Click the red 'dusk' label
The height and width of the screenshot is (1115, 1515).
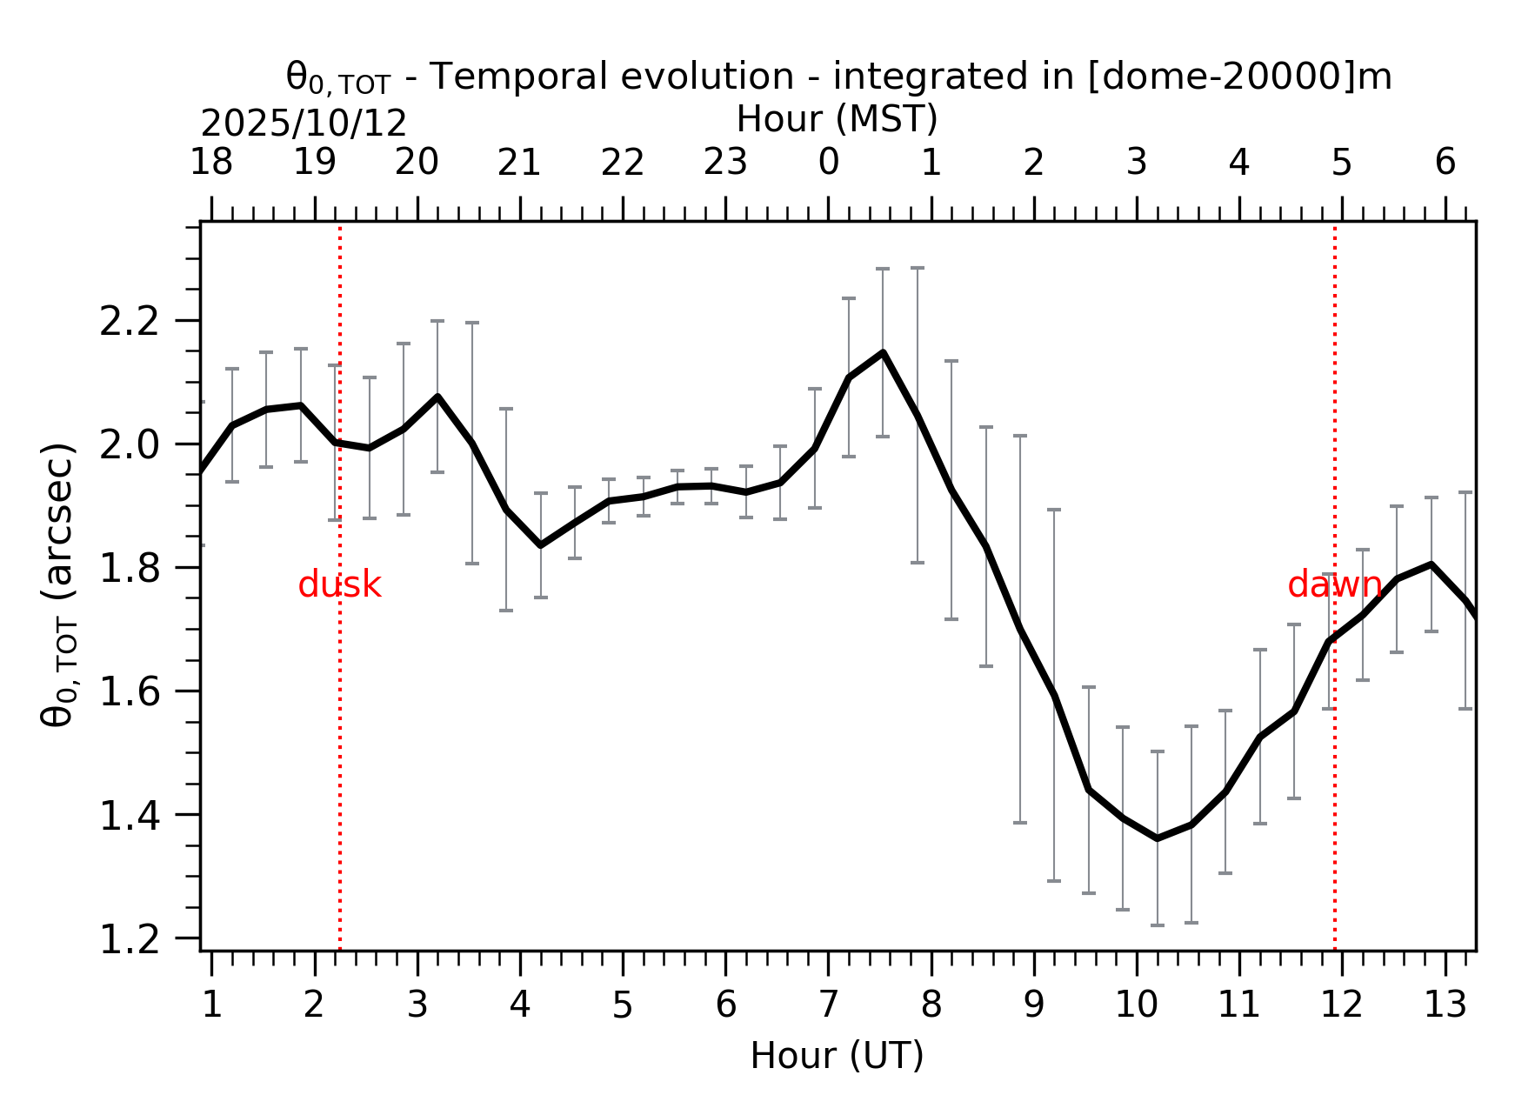point(339,585)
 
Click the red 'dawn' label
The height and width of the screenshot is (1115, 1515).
point(1334,585)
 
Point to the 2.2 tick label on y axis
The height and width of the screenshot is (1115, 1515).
point(130,323)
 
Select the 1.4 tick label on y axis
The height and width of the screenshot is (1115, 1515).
point(130,817)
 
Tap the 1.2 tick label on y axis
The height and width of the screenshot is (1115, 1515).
point(130,940)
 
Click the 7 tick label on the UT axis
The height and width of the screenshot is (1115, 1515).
point(828,1006)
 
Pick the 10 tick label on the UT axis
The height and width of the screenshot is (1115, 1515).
point(1136,1006)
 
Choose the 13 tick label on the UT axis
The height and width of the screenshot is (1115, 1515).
point(1445,1006)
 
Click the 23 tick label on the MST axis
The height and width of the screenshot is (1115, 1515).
point(725,163)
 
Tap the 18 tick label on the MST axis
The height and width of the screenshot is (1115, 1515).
point(211,163)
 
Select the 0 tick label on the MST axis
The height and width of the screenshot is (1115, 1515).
point(828,163)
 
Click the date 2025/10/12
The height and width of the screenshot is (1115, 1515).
point(304,124)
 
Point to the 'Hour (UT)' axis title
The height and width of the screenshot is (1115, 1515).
point(837,1057)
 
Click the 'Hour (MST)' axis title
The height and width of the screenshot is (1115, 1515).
point(837,120)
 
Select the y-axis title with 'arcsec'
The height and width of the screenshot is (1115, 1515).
point(59,584)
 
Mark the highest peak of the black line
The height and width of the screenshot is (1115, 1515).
point(883,352)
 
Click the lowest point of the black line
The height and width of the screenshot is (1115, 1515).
point(1157,838)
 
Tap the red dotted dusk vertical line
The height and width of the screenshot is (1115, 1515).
point(340,739)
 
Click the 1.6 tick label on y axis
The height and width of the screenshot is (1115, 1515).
point(130,693)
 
